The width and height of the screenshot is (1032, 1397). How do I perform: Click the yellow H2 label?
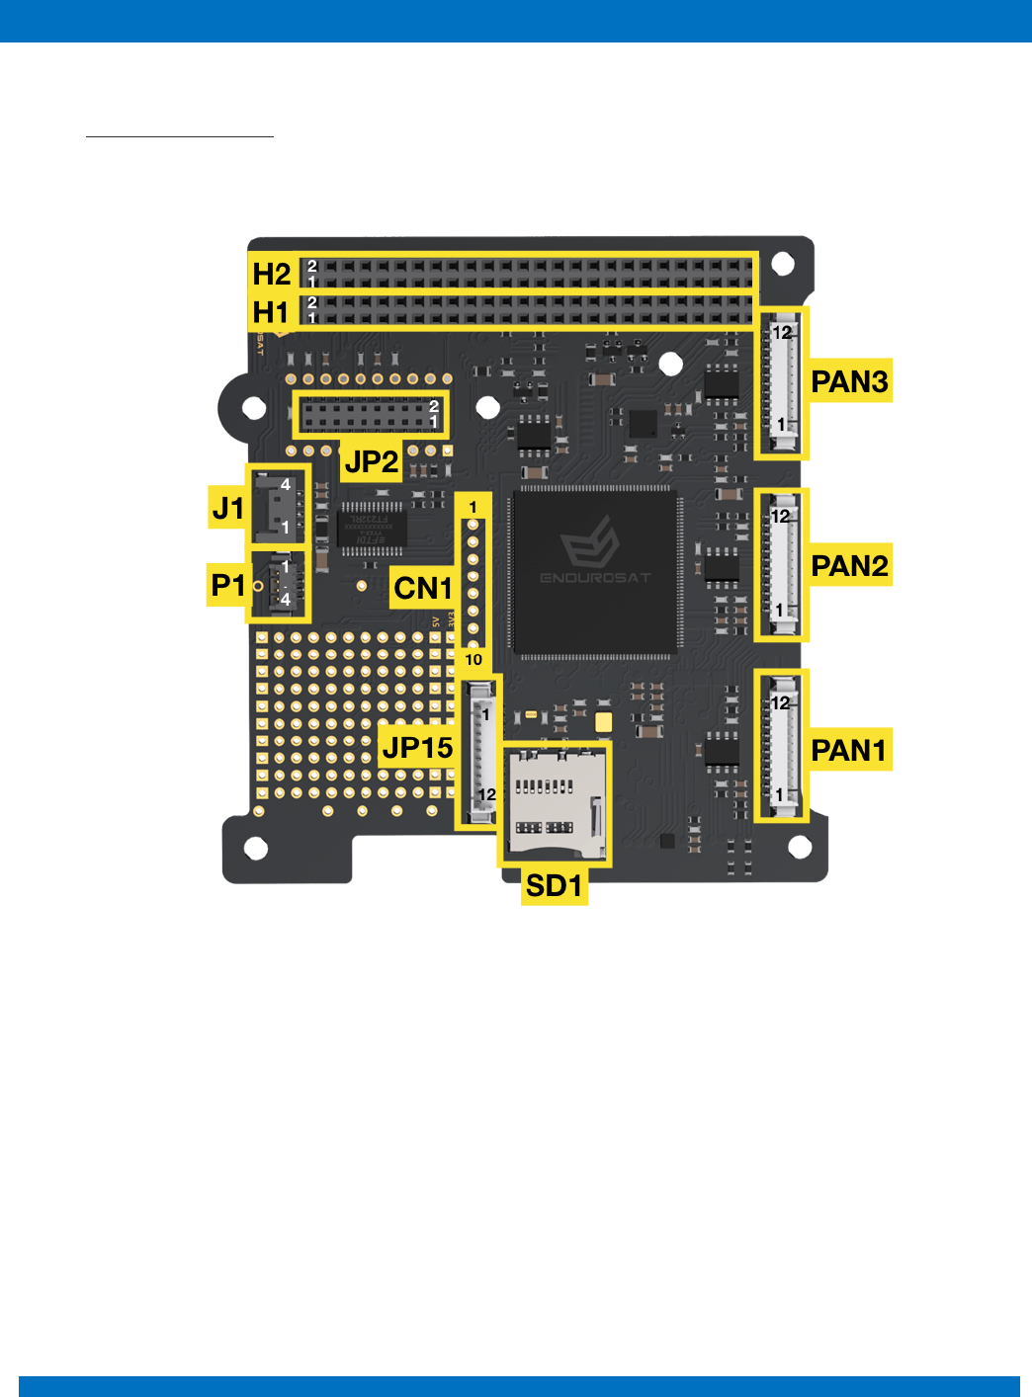coord(271,274)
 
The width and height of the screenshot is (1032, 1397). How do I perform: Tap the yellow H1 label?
coord(271,312)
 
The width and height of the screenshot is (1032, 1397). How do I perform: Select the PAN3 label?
coord(849,381)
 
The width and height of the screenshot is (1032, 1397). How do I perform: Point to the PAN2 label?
coord(849,565)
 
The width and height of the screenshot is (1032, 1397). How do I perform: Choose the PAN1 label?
coord(848,750)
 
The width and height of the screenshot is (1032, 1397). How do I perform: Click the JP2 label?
coord(372,461)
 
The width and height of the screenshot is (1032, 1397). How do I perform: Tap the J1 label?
coord(228,509)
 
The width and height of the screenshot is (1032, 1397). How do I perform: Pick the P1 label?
coord(227,586)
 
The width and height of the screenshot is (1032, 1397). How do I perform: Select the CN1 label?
coord(422,589)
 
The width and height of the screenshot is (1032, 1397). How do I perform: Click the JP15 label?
coord(417,748)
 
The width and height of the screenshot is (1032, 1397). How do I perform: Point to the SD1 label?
coord(554,885)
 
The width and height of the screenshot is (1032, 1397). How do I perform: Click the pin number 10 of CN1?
coord(473,660)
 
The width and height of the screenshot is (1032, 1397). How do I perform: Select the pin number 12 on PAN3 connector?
coord(782,333)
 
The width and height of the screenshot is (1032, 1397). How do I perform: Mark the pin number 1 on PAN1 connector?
coord(780,794)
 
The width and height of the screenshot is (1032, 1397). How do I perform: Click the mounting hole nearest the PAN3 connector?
coord(783,264)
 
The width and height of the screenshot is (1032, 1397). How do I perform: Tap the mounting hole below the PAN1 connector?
coord(800,847)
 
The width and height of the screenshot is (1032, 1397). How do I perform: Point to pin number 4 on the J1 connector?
coord(286,484)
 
